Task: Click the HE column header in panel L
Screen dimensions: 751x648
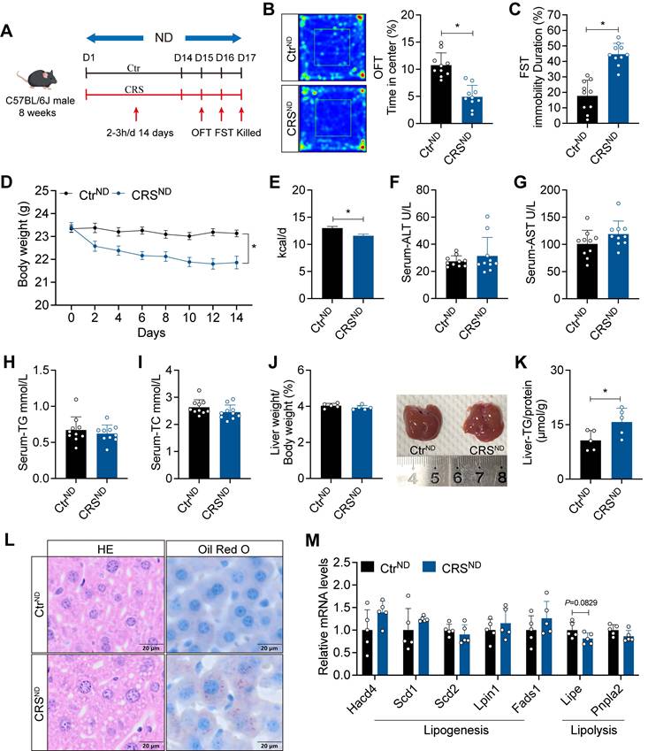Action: click(x=105, y=548)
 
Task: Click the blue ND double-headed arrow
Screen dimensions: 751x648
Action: click(x=163, y=38)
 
